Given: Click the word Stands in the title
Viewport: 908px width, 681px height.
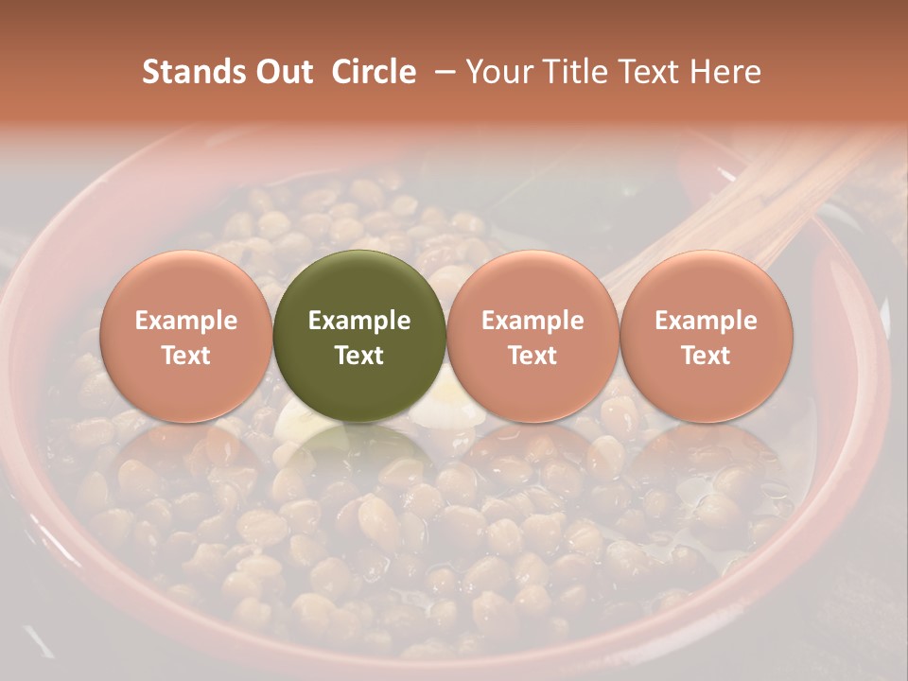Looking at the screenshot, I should (x=183, y=72).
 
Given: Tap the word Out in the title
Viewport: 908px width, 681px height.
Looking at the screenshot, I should (x=281, y=72).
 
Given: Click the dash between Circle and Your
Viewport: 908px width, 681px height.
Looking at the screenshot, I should (x=441, y=73).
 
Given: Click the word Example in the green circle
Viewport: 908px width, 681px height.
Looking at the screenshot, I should (x=359, y=321).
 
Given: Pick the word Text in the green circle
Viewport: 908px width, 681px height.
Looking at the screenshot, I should (x=359, y=356).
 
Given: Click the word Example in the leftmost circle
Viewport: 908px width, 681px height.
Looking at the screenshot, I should (x=185, y=321).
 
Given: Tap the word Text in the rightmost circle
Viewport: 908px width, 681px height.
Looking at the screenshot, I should (x=706, y=356).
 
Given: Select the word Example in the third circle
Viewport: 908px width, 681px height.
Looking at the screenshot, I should (x=533, y=321).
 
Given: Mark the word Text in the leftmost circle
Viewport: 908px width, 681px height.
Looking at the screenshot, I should (x=185, y=356).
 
